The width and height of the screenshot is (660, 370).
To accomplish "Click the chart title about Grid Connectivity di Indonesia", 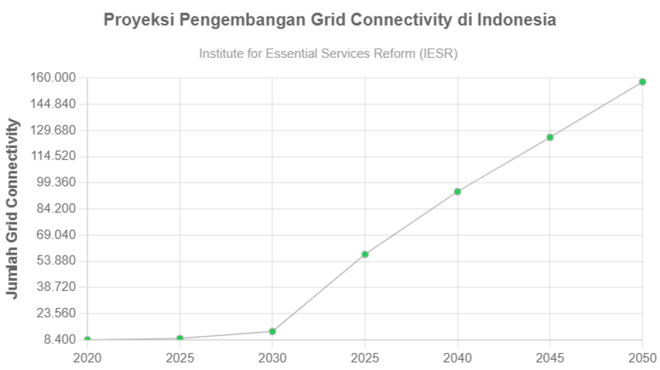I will (x=329, y=20).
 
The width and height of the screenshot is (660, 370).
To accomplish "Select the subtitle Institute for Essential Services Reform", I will (x=328, y=53).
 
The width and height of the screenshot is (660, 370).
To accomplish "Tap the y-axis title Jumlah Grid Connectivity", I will (x=12, y=209).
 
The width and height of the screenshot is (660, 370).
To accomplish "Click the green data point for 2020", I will (x=87, y=339).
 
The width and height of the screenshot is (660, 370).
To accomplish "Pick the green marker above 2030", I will (x=272, y=331).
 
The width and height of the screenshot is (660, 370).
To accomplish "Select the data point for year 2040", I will (x=457, y=191).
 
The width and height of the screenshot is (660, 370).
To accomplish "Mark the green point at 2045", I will (x=550, y=138).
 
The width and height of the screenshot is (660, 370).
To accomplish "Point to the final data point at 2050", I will (x=642, y=82).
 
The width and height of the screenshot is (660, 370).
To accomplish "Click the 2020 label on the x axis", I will (x=87, y=358).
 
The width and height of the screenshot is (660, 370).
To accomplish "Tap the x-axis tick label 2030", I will (x=272, y=358).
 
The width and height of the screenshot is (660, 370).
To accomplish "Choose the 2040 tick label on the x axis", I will (x=457, y=358).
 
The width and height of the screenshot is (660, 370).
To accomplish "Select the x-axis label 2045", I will (x=550, y=358).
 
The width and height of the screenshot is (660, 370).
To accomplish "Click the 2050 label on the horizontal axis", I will (x=642, y=358).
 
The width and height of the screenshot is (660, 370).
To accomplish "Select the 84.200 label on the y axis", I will (x=55, y=209).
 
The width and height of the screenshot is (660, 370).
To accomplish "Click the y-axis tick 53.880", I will (x=55, y=261).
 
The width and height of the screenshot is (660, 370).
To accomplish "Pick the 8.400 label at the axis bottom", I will (x=59, y=339).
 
